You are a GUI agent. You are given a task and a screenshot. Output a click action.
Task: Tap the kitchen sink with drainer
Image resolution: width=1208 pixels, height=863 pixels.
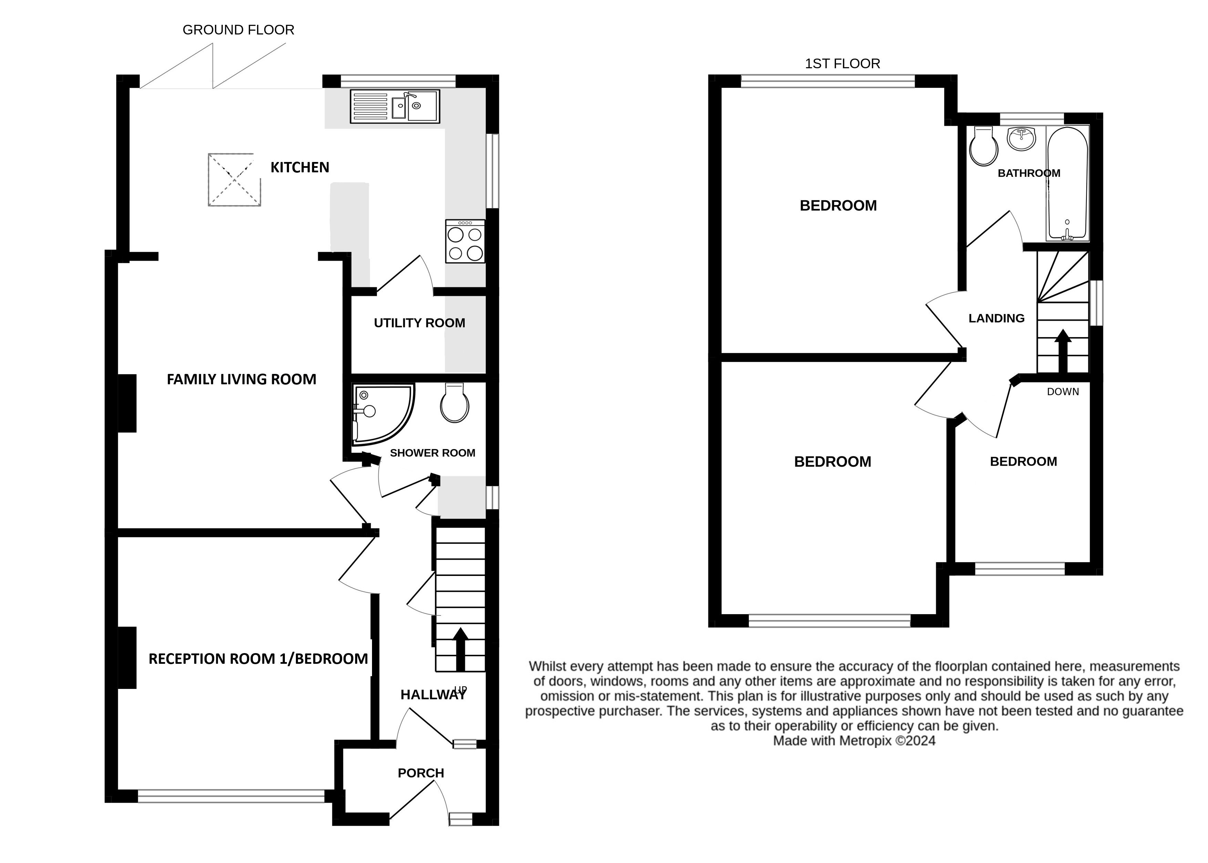[x=394, y=106]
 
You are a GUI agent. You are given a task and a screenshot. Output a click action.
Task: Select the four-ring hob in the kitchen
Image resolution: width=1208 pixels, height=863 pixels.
[x=465, y=241]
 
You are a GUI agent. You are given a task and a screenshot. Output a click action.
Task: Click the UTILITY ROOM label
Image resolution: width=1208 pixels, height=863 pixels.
[x=420, y=323]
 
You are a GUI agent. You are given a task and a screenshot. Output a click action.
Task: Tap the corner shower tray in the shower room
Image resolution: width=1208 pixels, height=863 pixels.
[x=383, y=414]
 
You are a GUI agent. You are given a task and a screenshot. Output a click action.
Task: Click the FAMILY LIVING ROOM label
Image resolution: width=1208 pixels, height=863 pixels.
[x=241, y=379]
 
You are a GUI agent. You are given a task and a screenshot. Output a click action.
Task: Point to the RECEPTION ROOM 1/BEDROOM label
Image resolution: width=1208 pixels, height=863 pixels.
[x=258, y=659]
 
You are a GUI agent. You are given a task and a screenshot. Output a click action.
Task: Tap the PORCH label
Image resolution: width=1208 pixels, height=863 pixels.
[x=421, y=773]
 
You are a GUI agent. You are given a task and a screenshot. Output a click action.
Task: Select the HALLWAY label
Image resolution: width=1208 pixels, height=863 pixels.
[x=433, y=694]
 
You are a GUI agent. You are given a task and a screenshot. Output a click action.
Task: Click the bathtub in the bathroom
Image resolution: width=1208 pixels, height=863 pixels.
[x=1067, y=183]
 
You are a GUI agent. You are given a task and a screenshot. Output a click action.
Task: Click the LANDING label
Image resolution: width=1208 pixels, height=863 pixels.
[x=996, y=318]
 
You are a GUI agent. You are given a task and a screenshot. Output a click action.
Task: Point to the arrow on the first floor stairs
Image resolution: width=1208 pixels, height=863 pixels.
[x=1063, y=351]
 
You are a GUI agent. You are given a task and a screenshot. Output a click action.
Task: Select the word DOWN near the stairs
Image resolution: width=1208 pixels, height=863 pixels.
[x=1063, y=392]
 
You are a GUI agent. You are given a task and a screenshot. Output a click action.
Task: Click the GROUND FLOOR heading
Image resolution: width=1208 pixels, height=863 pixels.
[x=238, y=30]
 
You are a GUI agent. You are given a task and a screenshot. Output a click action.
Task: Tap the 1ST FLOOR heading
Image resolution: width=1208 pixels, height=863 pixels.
[x=843, y=64]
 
